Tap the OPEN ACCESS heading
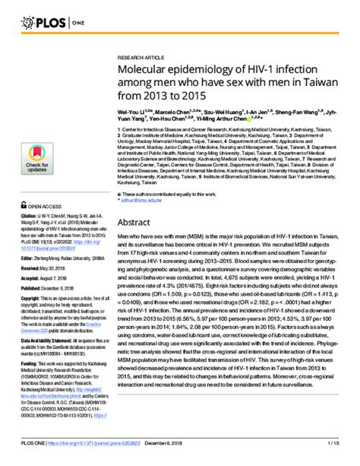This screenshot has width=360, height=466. tap(48, 205)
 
